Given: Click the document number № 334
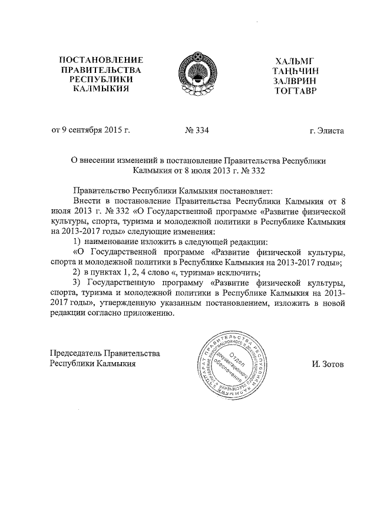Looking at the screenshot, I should coord(196,131).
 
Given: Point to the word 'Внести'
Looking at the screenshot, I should coord(86,201).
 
